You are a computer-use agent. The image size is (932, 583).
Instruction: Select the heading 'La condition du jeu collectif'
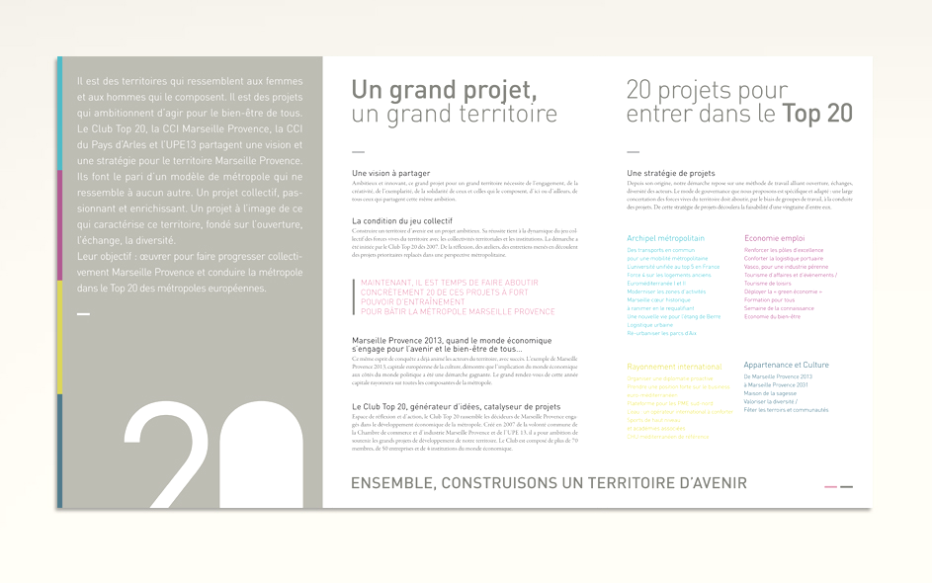click(401, 220)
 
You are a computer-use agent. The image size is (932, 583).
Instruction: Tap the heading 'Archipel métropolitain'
click(665, 238)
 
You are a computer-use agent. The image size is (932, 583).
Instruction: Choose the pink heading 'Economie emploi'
click(774, 238)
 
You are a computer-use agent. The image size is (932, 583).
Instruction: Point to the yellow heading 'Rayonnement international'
click(674, 367)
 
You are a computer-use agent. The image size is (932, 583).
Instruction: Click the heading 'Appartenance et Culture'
click(786, 365)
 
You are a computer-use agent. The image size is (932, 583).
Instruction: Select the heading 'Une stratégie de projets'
click(670, 173)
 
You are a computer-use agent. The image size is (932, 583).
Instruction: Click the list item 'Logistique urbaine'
click(649, 324)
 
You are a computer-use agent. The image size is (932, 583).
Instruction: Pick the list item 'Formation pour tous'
click(769, 299)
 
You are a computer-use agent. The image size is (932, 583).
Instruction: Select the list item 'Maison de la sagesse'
click(771, 393)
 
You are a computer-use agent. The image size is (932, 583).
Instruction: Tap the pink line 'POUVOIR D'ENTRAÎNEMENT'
click(412, 301)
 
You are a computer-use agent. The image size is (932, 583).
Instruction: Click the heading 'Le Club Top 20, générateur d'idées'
click(456, 406)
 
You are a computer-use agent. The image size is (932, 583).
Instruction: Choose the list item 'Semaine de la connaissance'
click(779, 308)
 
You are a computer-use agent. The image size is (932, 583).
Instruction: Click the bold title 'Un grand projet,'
click(444, 90)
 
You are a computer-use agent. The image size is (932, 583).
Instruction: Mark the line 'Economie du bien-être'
click(772, 316)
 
